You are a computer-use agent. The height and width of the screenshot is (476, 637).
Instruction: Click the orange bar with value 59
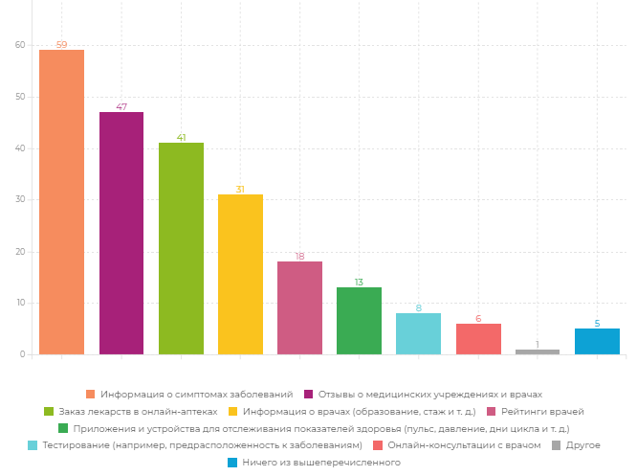point(61,202)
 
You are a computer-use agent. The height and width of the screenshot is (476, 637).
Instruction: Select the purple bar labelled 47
point(121,233)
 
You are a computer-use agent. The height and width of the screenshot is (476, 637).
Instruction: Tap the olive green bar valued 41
point(181,248)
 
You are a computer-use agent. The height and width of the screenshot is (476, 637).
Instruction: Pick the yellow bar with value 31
point(240,274)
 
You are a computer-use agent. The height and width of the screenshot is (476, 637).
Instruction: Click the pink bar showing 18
point(299,307)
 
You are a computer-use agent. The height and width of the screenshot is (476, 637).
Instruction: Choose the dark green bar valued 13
point(359,321)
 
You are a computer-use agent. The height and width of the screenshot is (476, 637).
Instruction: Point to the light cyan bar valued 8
point(418,333)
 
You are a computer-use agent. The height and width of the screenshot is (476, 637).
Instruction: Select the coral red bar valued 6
point(478,339)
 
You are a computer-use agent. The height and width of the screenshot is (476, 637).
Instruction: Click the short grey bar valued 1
point(538,351)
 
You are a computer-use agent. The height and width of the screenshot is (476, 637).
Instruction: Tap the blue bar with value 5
point(597,341)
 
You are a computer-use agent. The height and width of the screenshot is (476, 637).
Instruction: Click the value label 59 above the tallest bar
point(61,45)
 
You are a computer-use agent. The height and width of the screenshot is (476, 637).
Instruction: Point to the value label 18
point(299,257)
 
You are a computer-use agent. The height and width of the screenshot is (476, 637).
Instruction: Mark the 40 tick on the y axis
point(20,148)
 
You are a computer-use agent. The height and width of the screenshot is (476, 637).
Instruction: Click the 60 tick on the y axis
point(20,45)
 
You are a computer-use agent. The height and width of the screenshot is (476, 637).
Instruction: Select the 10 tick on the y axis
point(20,303)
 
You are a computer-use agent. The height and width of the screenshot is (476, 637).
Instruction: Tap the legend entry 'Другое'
point(582,445)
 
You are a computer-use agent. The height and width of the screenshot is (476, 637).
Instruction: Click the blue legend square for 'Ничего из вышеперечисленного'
point(232,463)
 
